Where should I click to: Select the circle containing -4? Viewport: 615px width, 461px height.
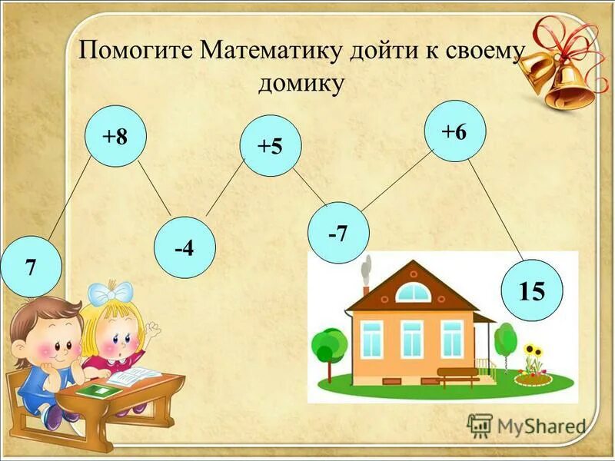pyautogui.click(x=184, y=248)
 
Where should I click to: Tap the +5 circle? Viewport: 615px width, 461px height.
pyautogui.click(x=271, y=146)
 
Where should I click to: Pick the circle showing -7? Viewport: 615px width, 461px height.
pyautogui.click(x=337, y=233)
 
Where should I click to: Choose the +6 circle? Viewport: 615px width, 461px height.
pyautogui.click(x=454, y=131)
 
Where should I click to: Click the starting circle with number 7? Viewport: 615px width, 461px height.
pyautogui.click(x=31, y=267)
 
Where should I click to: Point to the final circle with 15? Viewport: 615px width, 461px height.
pyautogui.click(x=531, y=291)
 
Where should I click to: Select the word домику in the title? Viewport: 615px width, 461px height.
pyautogui.click(x=301, y=84)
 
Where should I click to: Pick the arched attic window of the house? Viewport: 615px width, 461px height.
pyautogui.click(x=414, y=293)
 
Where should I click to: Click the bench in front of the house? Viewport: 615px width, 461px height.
pyautogui.click(x=457, y=376)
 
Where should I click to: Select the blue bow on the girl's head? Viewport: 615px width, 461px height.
pyautogui.click(x=110, y=293)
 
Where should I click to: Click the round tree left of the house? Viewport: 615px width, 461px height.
pyautogui.click(x=331, y=345)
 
